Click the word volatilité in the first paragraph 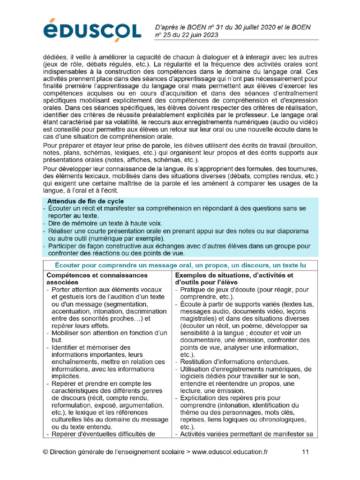(x=121, y=122)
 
